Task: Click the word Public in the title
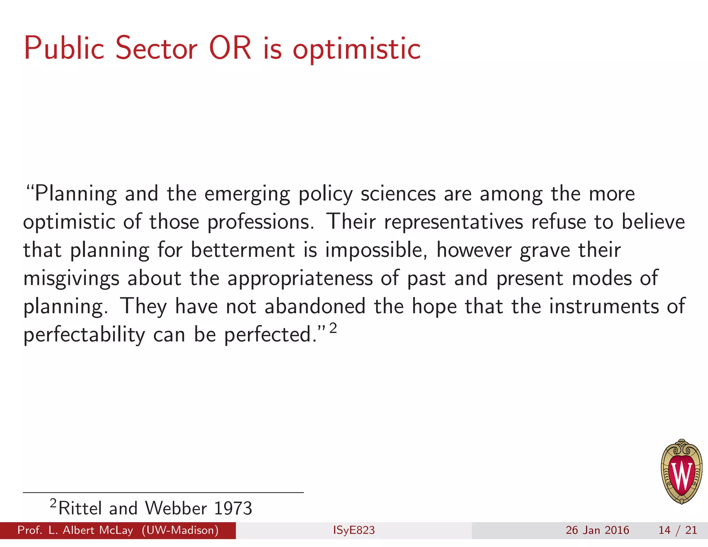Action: click(64, 48)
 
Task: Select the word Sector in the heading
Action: click(156, 48)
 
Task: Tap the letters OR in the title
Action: click(230, 48)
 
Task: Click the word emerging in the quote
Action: click(247, 194)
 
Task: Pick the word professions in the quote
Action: click(260, 222)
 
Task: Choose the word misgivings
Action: click(71, 279)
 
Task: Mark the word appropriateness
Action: click(300, 279)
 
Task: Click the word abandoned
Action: click(315, 306)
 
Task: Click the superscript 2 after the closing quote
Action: click(333, 328)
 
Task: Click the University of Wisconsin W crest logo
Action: click(681, 472)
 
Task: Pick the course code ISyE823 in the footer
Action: click(354, 530)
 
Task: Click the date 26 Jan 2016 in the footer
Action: click(597, 530)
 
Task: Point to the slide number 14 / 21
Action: click(678, 530)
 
